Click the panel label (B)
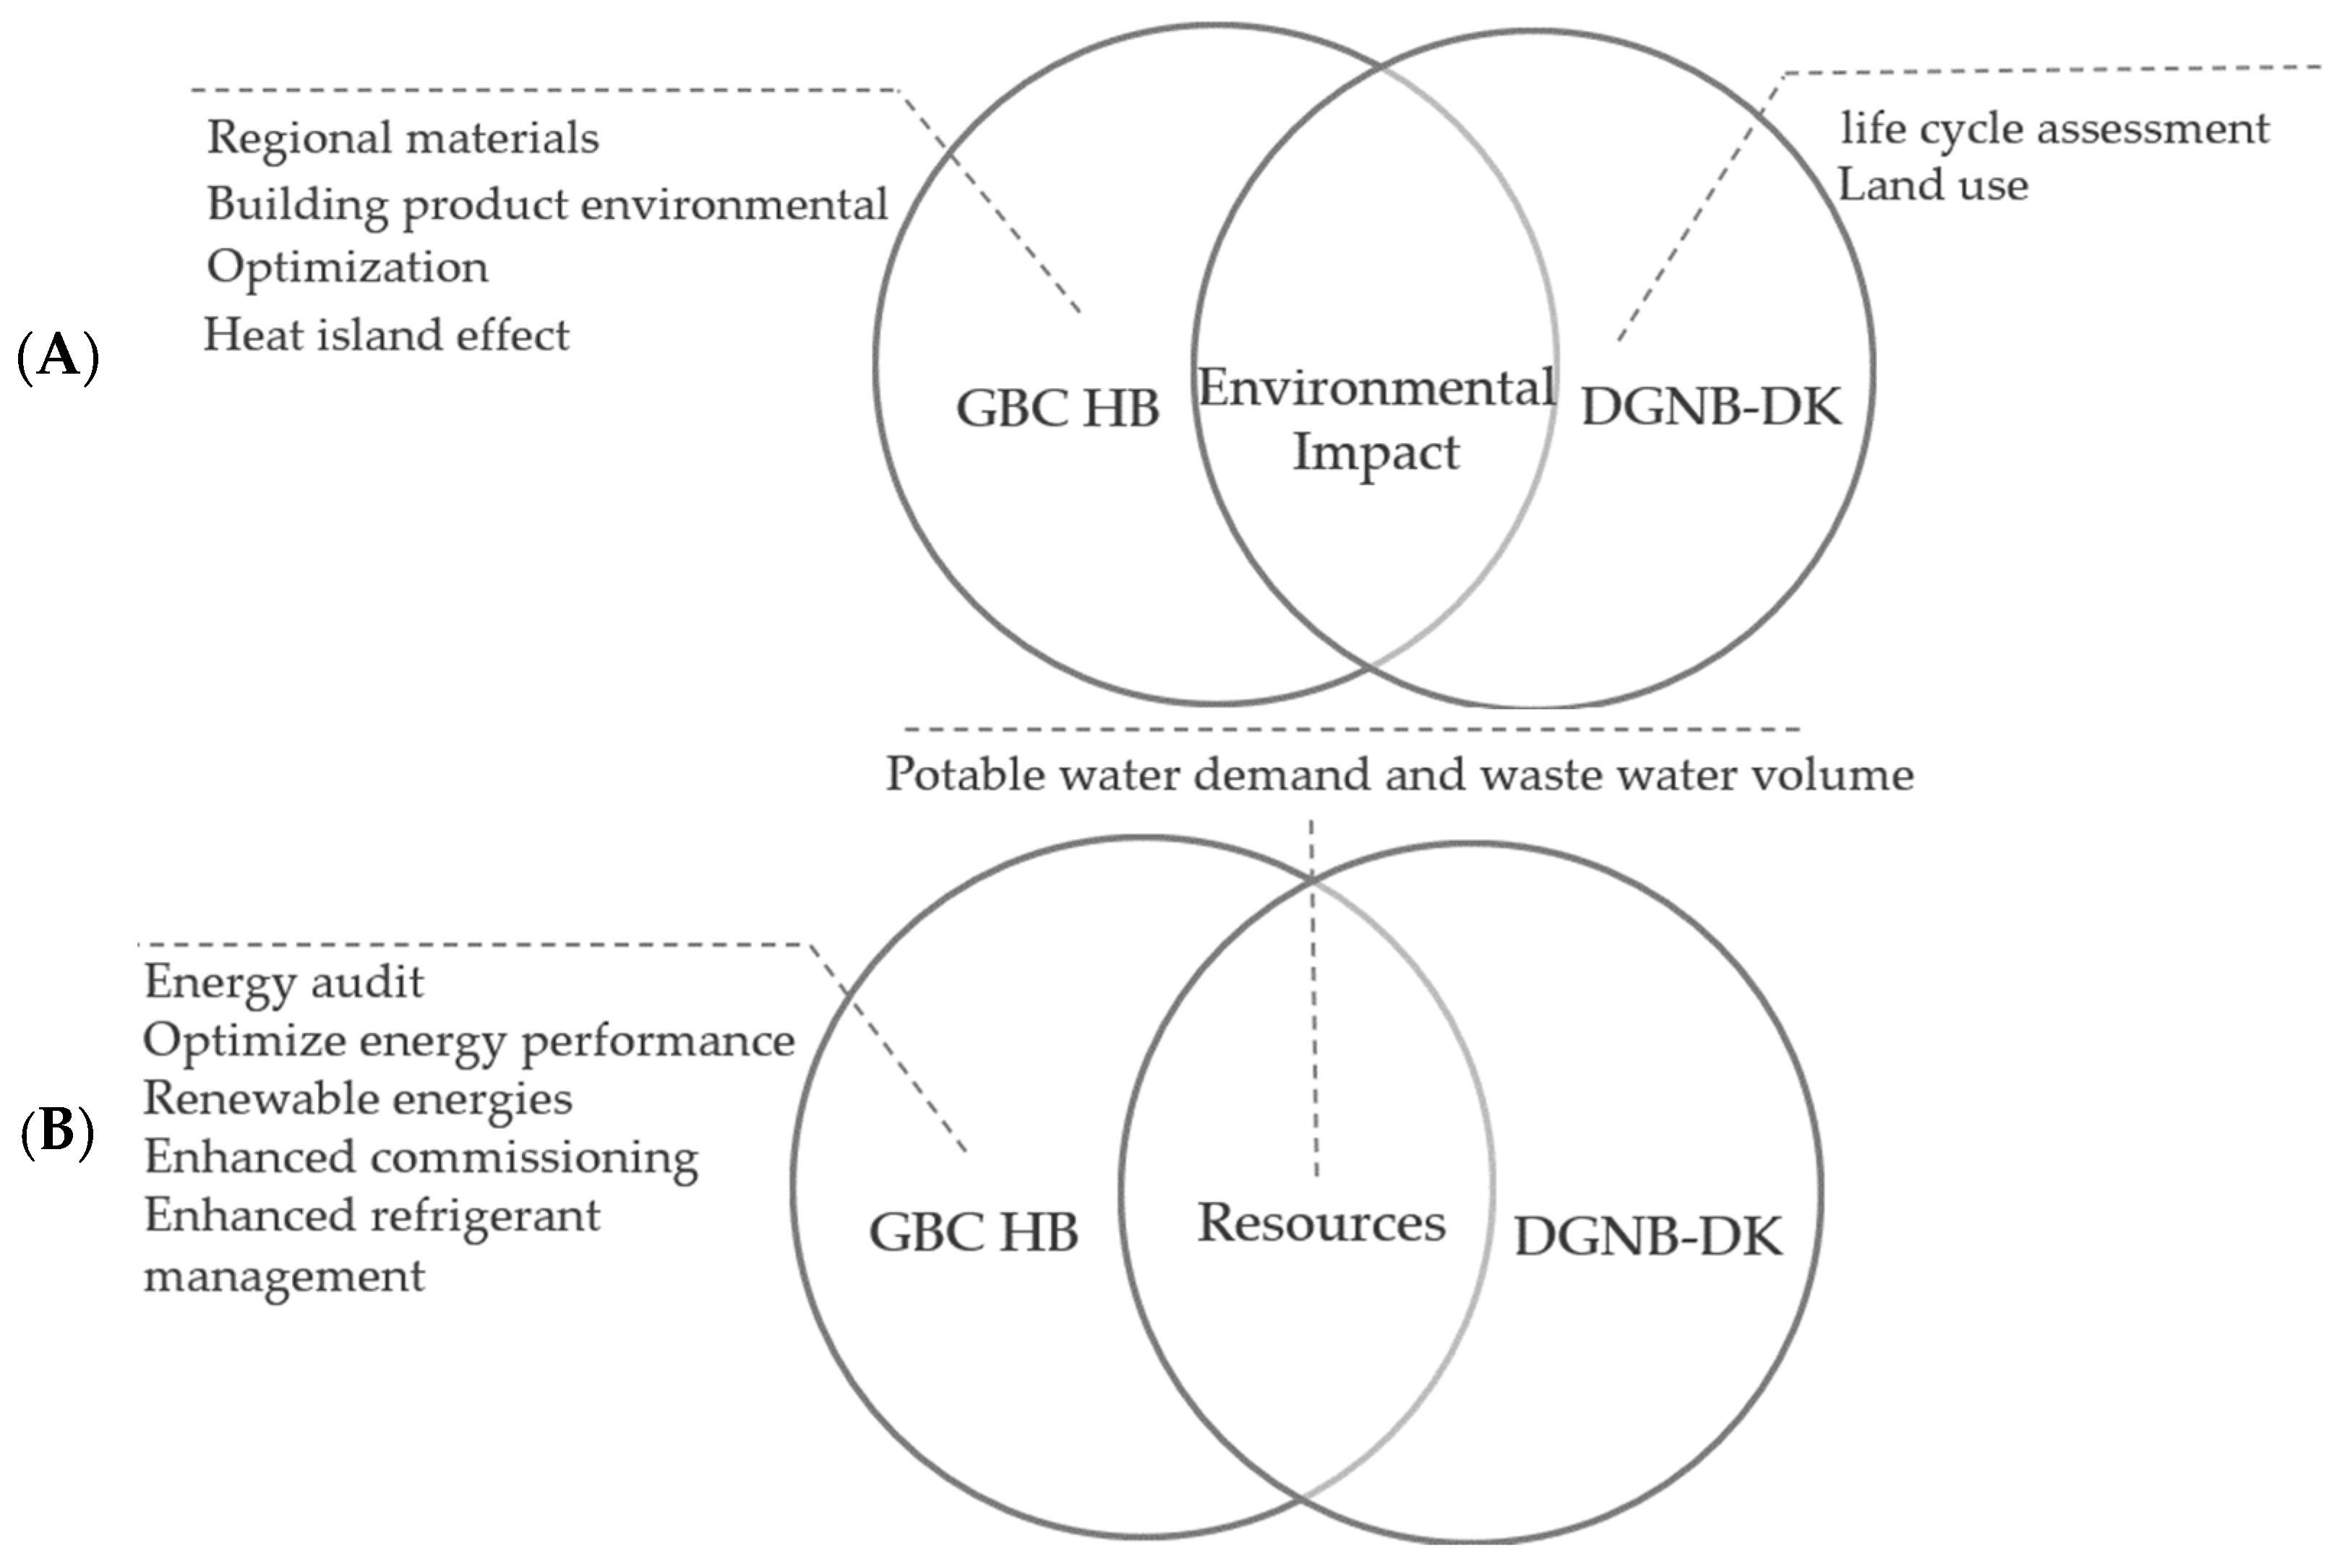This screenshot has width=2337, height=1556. click(56, 1131)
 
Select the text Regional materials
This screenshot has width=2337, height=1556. click(403, 138)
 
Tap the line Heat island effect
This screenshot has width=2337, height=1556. click(386, 335)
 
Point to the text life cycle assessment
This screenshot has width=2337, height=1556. click(2054, 129)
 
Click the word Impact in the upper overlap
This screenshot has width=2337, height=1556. click(1376, 452)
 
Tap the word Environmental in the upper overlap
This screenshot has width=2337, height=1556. click(1376, 387)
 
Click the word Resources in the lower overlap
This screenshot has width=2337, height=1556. click(1321, 1223)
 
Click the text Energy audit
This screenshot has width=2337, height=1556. click(284, 982)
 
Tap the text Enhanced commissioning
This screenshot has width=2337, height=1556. click(421, 1157)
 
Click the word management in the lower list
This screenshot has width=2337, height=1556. click(284, 1275)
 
